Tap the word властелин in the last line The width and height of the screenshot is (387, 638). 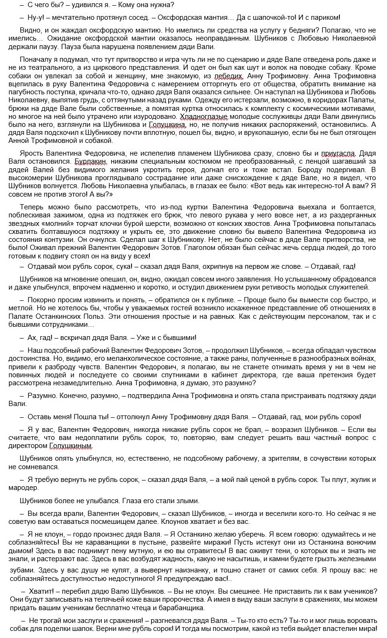336,629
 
